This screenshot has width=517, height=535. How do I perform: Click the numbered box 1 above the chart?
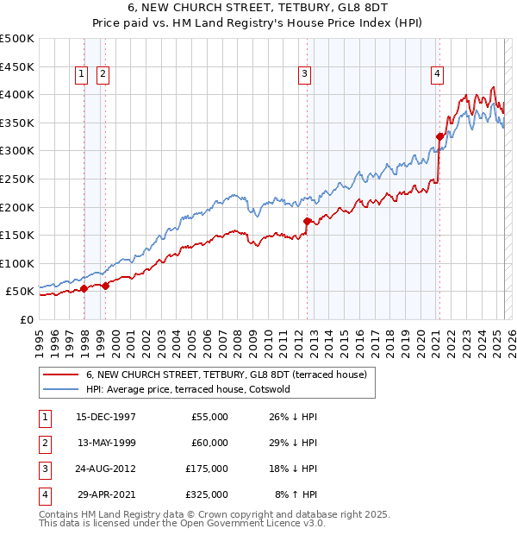[x=82, y=75]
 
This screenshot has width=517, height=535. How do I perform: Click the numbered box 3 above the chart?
[x=305, y=75]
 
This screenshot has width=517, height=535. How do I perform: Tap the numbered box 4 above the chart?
[x=438, y=75]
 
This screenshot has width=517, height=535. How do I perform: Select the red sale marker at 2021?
[x=439, y=136]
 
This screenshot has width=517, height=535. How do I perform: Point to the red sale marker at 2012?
[x=308, y=221]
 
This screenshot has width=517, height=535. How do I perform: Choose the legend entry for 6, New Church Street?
[x=227, y=374]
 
